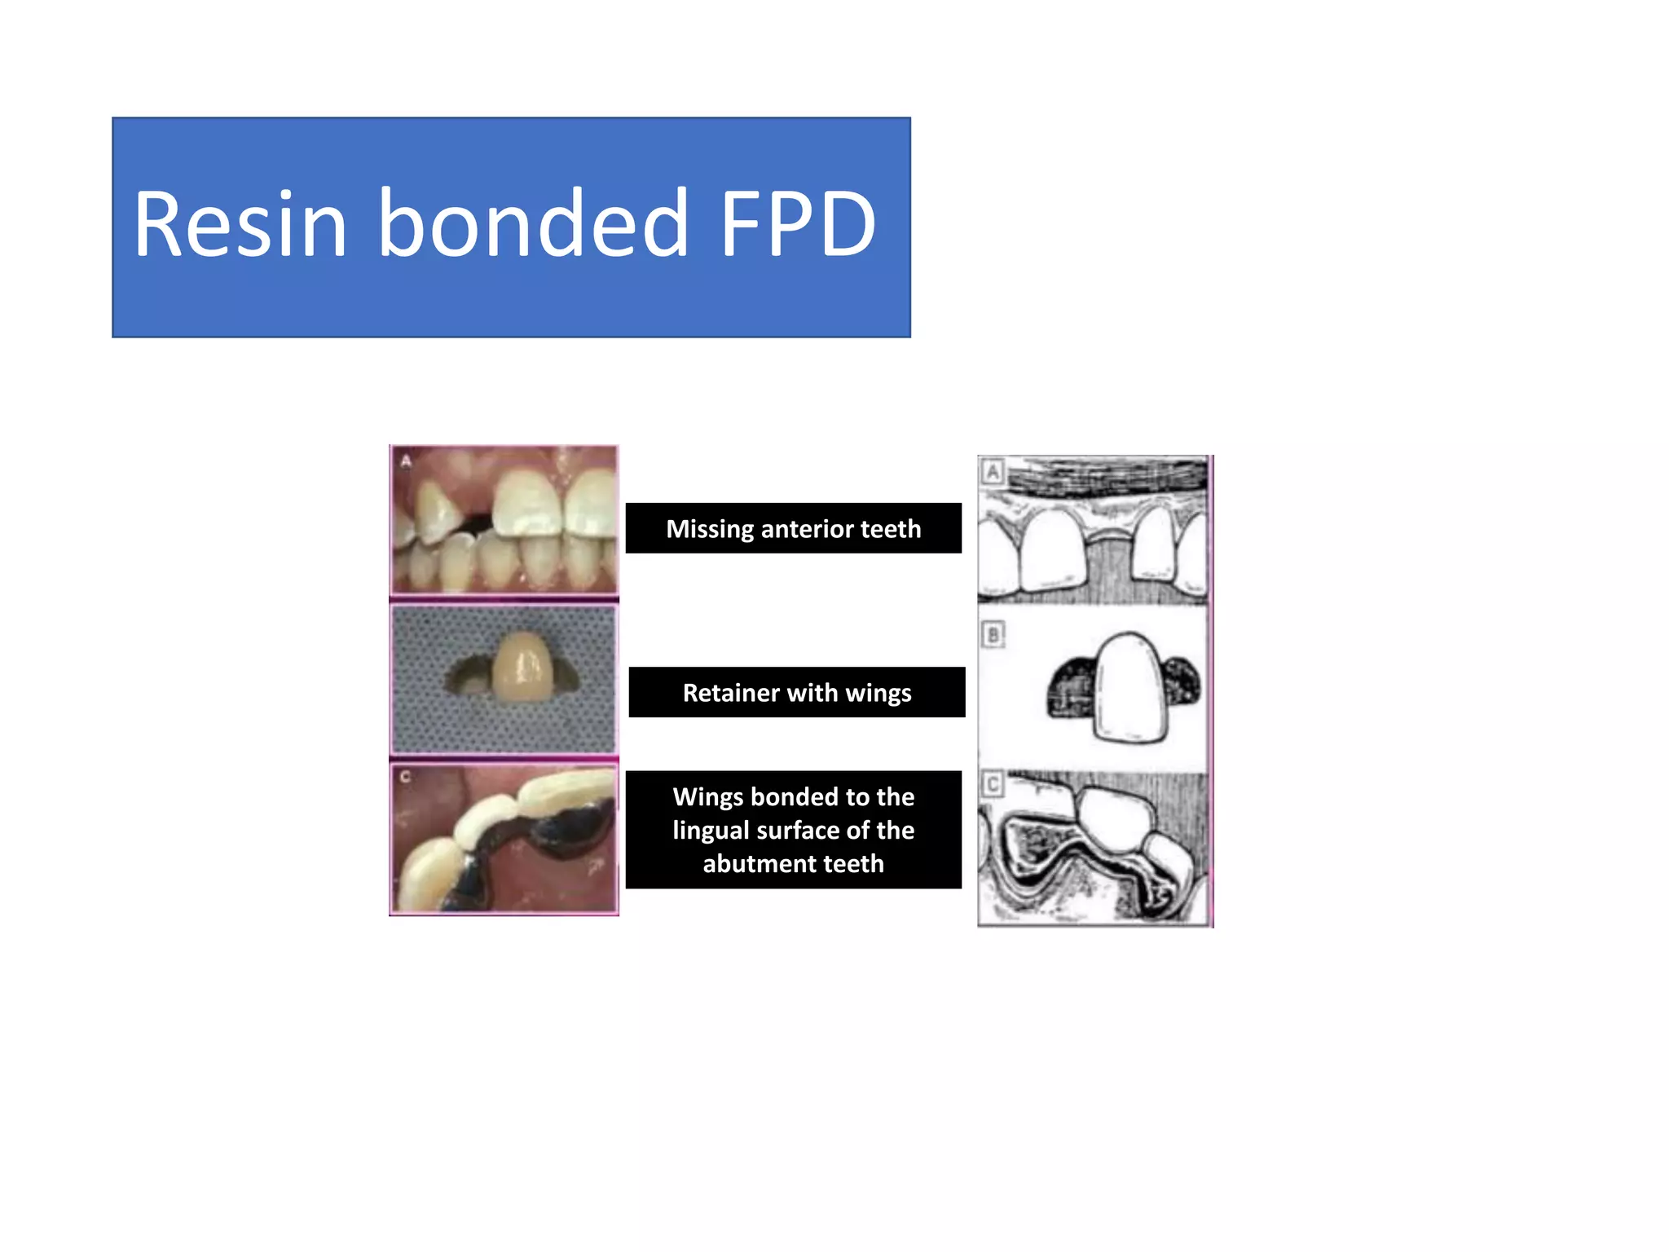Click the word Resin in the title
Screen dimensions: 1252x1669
(240, 224)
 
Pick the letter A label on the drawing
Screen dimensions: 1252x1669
(993, 471)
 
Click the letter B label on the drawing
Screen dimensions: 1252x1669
(993, 634)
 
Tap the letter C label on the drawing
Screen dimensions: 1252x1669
(993, 785)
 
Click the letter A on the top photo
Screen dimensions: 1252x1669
(406, 461)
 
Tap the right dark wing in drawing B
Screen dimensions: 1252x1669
(1182, 683)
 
